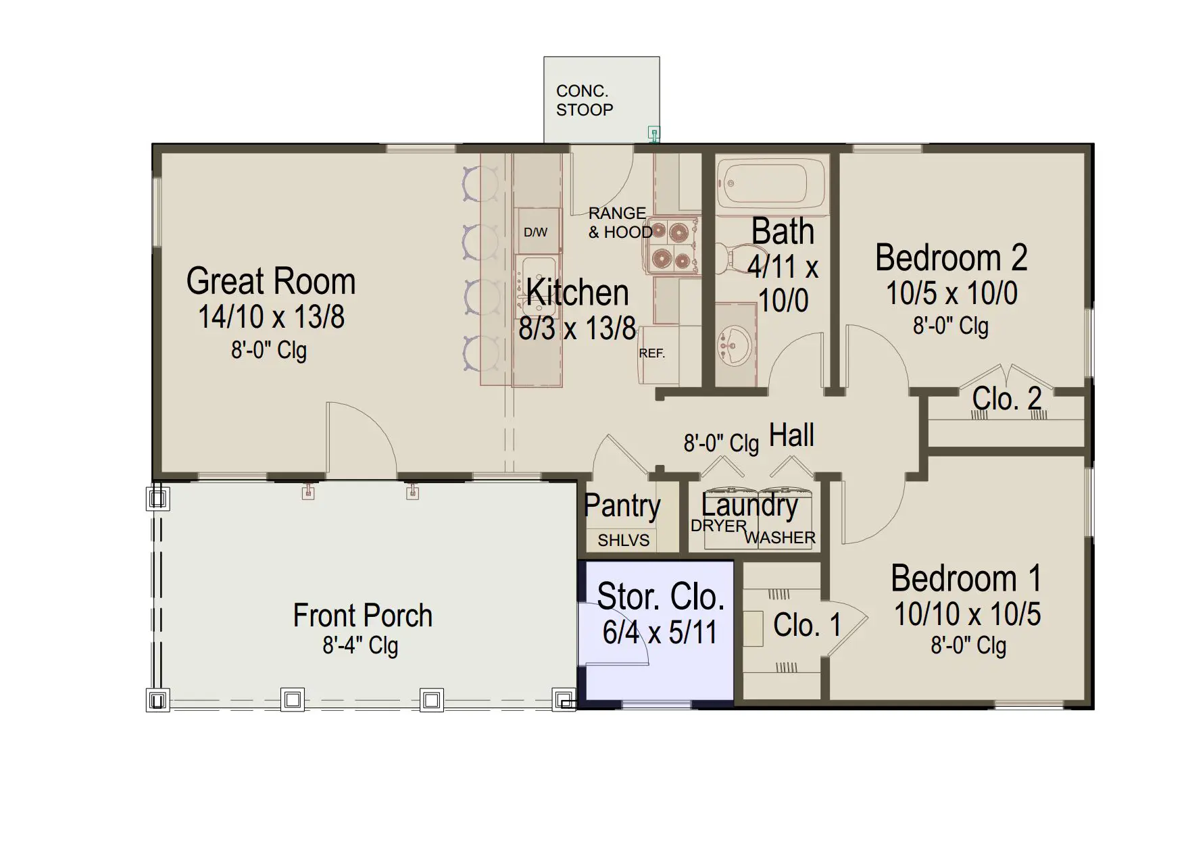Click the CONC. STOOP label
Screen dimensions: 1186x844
(585, 101)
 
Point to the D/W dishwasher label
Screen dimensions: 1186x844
(535, 232)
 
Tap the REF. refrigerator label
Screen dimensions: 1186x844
(652, 353)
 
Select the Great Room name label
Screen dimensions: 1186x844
(271, 281)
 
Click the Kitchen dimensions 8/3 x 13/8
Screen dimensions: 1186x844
(577, 328)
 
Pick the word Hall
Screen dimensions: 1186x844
(791, 435)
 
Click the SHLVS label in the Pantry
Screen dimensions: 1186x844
(623, 540)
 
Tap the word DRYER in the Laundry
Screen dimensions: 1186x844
(718, 526)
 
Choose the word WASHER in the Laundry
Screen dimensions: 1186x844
(780, 538)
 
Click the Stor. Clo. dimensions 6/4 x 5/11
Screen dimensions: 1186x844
(660, 632)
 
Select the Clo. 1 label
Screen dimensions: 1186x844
(807, 625)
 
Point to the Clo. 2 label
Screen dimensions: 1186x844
(1006, 399)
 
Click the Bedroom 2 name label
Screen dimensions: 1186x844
(951, 257)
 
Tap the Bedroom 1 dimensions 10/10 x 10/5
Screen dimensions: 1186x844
(967, 614)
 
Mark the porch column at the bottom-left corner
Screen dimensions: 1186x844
(157, 700)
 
